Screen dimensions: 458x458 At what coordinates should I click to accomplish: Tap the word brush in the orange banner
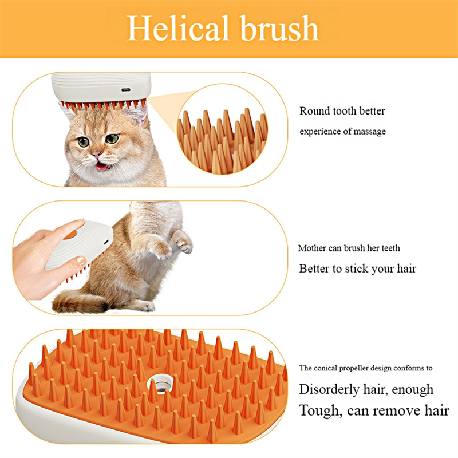pyautogui.click(x=279, y=28)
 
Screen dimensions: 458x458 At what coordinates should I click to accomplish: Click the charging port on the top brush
pyautogui.click(x=126, y=90)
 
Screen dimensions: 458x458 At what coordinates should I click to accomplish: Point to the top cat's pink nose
pyautogui.click(x=97, y=155)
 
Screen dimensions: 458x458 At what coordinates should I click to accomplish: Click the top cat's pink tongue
pyautogui.click(x=102, y=167)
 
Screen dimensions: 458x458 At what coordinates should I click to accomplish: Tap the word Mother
pyautogui.click(x=312, y=248)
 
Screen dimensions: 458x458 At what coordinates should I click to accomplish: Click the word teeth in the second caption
pyautogui.click(x=390, y=248)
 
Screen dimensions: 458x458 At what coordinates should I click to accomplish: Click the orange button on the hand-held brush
pyautogui.click(x=70, y=234)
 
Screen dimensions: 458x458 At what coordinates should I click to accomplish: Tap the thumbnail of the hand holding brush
pyautogui.click(x=81, y=260)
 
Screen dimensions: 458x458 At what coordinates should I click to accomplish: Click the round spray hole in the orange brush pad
pyautogui.click(x=160, y=384)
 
